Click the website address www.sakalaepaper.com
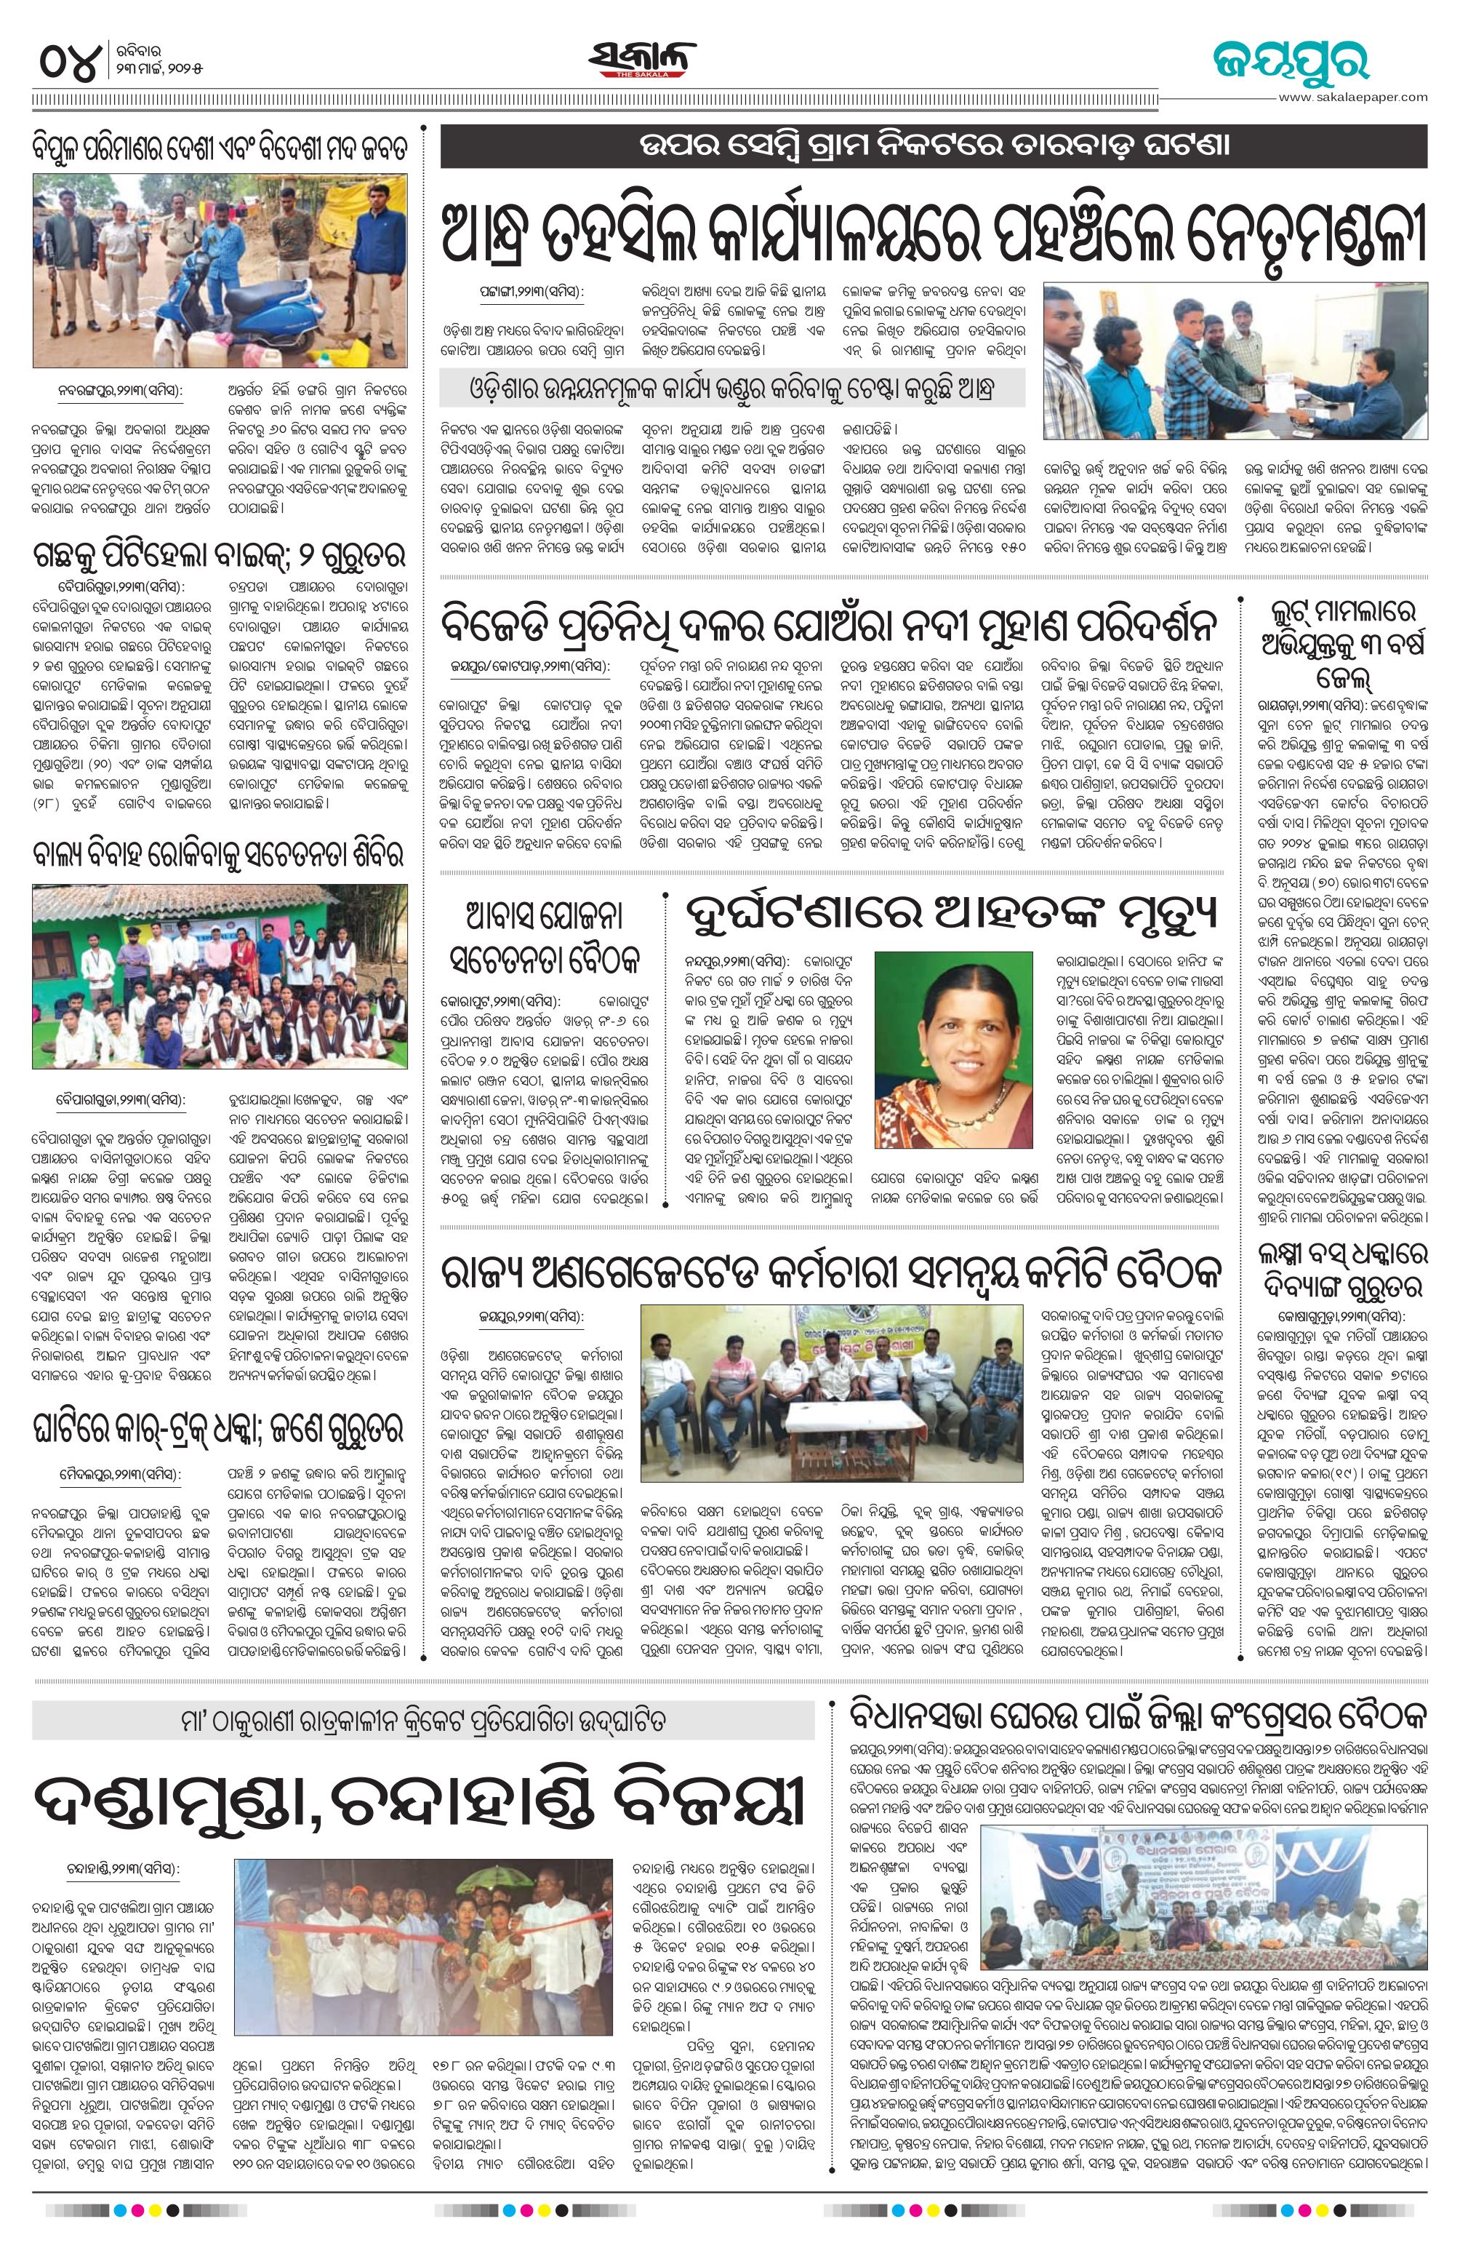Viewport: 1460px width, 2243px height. (1354, 96)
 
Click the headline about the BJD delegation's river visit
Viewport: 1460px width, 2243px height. (830, 625)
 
